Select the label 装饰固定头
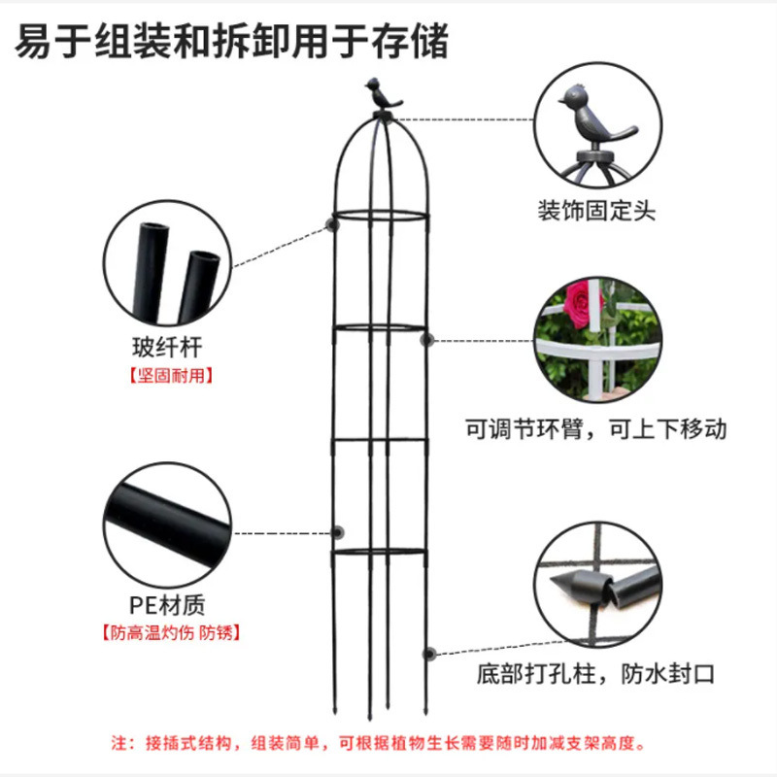pos(597,211)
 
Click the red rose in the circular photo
pos(583,304)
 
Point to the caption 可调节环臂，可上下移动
pos(595,428)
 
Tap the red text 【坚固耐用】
pos(168,375)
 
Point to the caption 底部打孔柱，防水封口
pos(595,673)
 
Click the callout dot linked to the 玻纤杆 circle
pos(331,226)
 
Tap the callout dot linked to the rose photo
pos(429,340)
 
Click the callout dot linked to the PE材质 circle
pos(338,532)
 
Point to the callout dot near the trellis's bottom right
pos(429,654)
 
